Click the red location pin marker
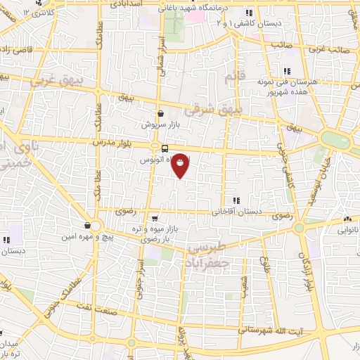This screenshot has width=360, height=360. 181,165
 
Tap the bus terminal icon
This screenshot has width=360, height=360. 165,148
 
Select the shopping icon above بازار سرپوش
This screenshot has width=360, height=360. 161,112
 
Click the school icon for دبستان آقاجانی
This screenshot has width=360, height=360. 236,200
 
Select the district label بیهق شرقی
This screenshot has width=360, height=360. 214,110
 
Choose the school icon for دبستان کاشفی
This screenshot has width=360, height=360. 247,13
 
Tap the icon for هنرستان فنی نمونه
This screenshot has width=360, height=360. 287,71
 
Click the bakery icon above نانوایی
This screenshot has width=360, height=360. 347,219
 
